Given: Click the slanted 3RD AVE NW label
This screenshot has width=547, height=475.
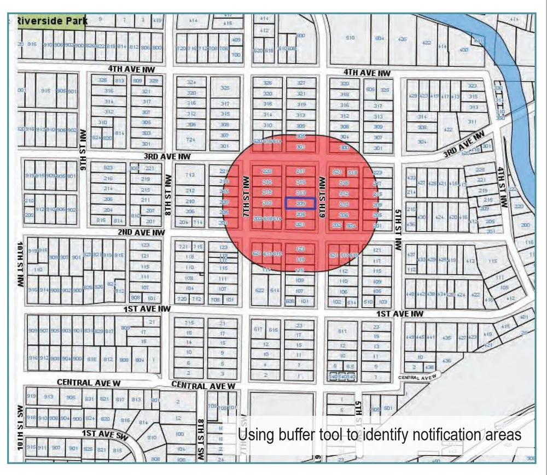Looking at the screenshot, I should (464, 145).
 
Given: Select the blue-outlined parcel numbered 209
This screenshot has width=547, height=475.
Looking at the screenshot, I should (300, 203).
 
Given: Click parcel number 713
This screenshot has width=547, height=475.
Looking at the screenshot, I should (190, 175).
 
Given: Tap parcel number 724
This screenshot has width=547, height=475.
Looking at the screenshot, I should (191, 139).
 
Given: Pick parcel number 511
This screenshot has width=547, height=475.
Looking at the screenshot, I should (343, 331).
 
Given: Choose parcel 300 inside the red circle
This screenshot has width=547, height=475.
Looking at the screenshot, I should (344, 148).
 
